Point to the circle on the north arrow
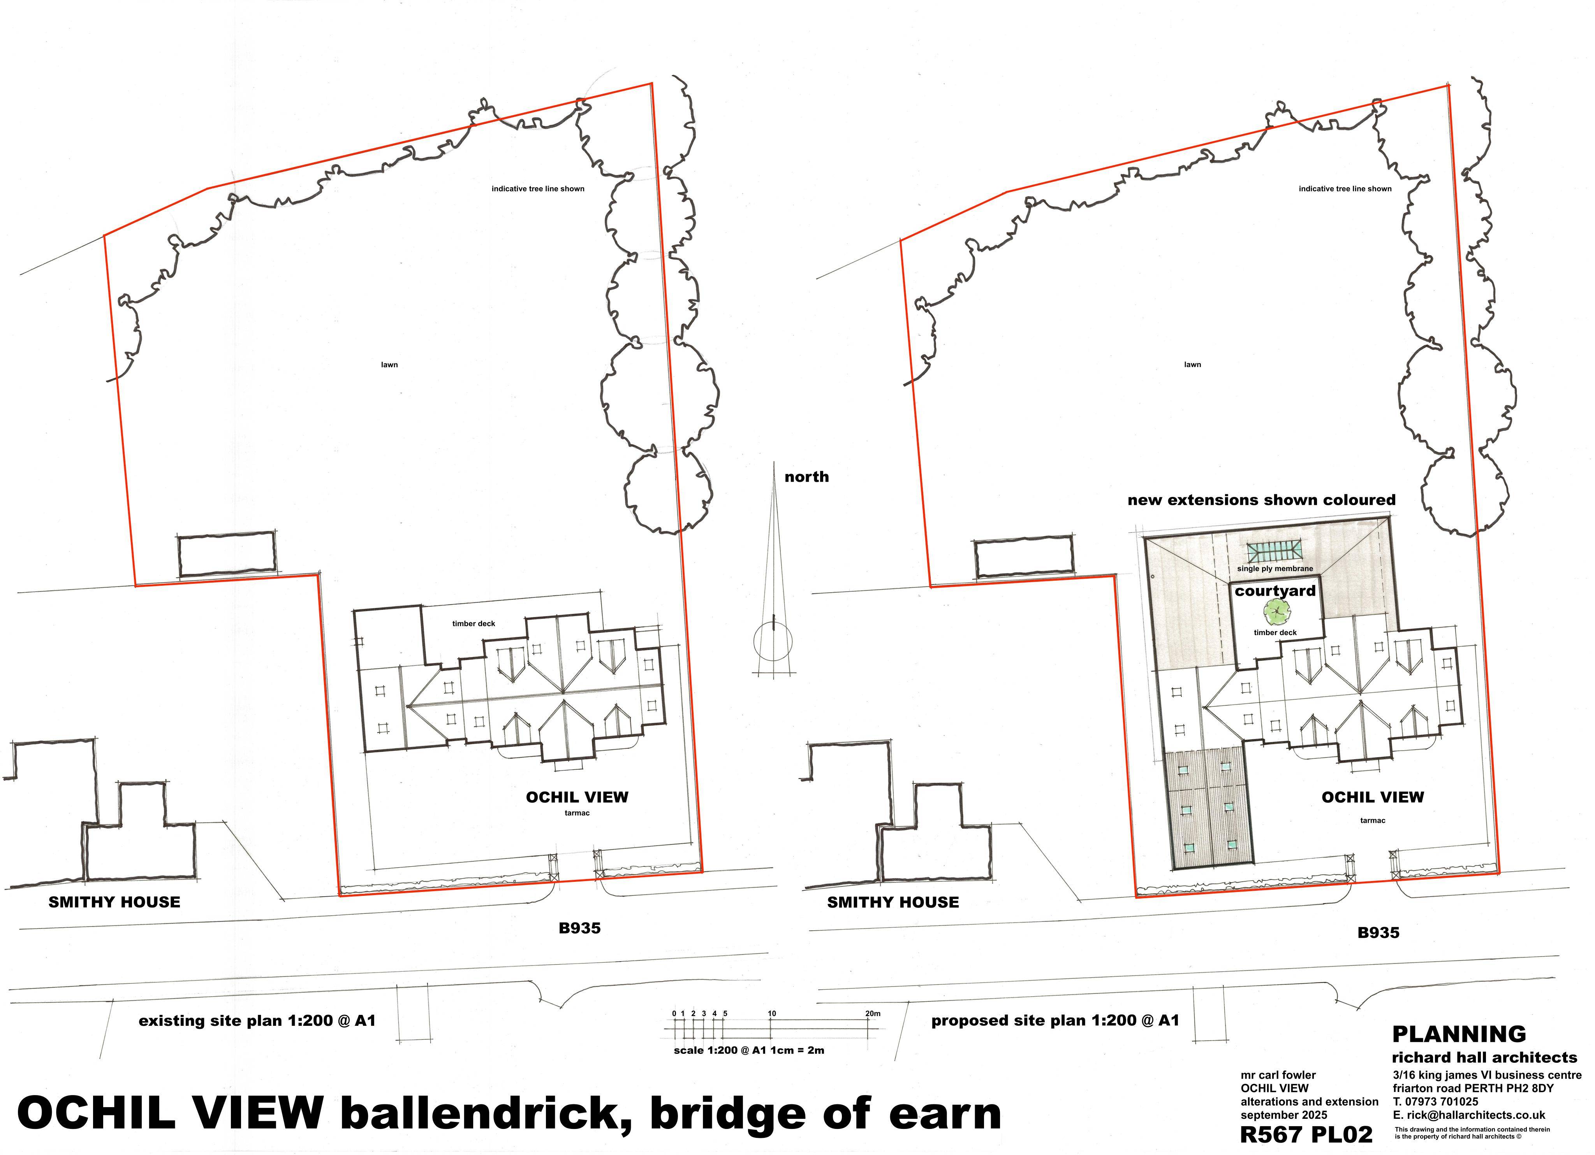[x=773, y=641]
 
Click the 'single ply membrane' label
[x=1275, y=569]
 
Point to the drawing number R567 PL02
[x=1306, y=1135]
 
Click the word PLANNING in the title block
[x=1459, y=1034]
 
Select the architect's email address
[x=1468, y=1115]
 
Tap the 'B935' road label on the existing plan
[x=579, y=928]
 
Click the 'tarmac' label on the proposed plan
[x=1373, y=820]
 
